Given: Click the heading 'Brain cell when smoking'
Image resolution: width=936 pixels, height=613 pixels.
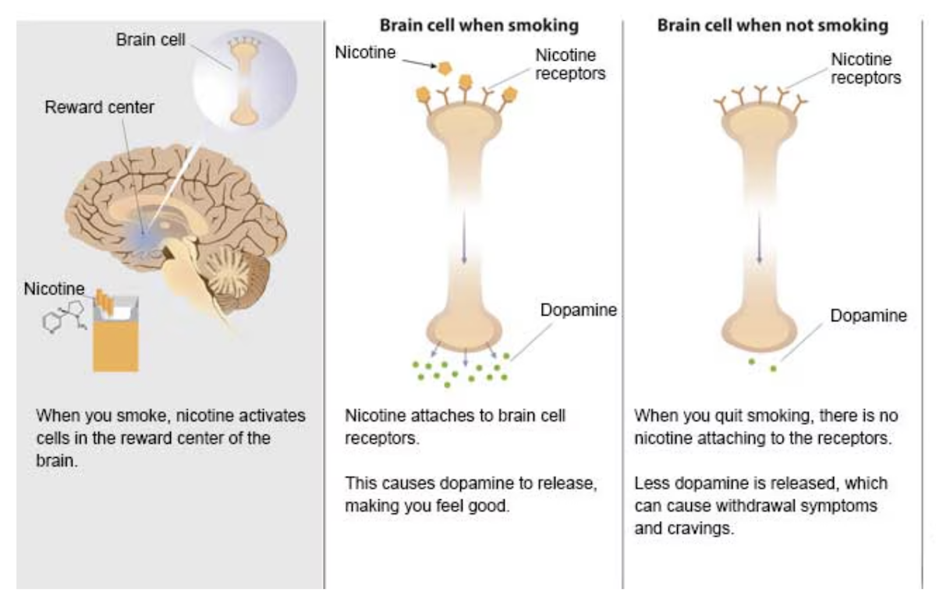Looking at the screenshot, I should [479, 26].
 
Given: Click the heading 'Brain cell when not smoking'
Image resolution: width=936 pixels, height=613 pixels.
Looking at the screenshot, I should [772, 26].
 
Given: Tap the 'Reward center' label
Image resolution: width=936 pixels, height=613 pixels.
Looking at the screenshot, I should [99, 108].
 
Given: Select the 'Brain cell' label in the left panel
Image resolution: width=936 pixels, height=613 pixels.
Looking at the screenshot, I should [151, 40].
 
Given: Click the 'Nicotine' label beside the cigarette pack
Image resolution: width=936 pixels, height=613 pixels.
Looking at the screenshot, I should [54, 289].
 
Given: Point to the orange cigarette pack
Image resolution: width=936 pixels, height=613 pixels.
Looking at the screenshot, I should [115, 335].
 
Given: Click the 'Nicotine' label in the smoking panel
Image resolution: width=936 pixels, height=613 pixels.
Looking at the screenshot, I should [365, 52].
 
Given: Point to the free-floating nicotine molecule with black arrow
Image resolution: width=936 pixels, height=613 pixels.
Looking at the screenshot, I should [446, 68].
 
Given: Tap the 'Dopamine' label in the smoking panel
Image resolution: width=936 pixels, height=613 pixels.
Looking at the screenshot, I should [578, 310].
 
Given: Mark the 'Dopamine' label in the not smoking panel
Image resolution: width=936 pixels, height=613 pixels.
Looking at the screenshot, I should [868, 316].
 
